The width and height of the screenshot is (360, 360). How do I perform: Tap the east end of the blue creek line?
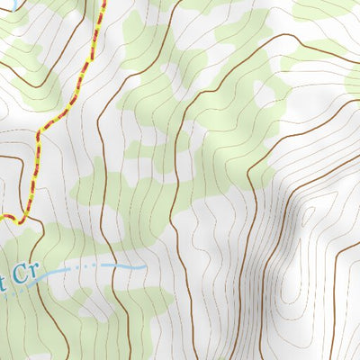point(146,266)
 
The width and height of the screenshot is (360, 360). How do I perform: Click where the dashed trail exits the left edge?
point(2,215)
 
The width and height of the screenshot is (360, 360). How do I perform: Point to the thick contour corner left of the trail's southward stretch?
point(20,158)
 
